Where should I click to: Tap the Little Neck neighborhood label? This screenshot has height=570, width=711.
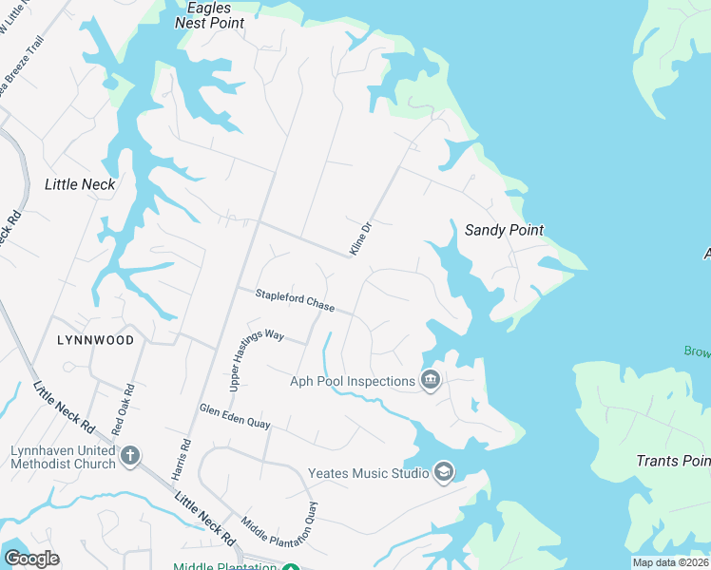tap(80, 184)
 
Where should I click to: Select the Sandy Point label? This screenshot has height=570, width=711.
tap(504, 230)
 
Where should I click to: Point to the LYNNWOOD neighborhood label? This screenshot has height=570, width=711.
tap(94, 339)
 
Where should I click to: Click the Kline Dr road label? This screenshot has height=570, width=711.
tap(358, 238)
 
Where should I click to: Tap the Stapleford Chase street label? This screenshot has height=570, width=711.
tap(295, 300)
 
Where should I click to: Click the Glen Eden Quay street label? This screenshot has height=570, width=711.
tap(235, 415)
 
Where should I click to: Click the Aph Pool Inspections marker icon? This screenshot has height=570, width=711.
tap(431, 381)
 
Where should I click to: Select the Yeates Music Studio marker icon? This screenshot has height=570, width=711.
tap(443, 472)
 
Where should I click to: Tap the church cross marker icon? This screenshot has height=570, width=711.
tap(130, 457)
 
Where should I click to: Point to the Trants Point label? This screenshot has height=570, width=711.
tap(673, 461)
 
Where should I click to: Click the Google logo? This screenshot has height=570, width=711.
tap(31, 558)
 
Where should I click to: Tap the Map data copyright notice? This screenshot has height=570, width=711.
tap(670, 562)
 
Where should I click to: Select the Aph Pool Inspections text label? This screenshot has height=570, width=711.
tap(354, 382)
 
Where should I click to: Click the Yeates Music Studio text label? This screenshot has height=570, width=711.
tap(367, 472)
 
